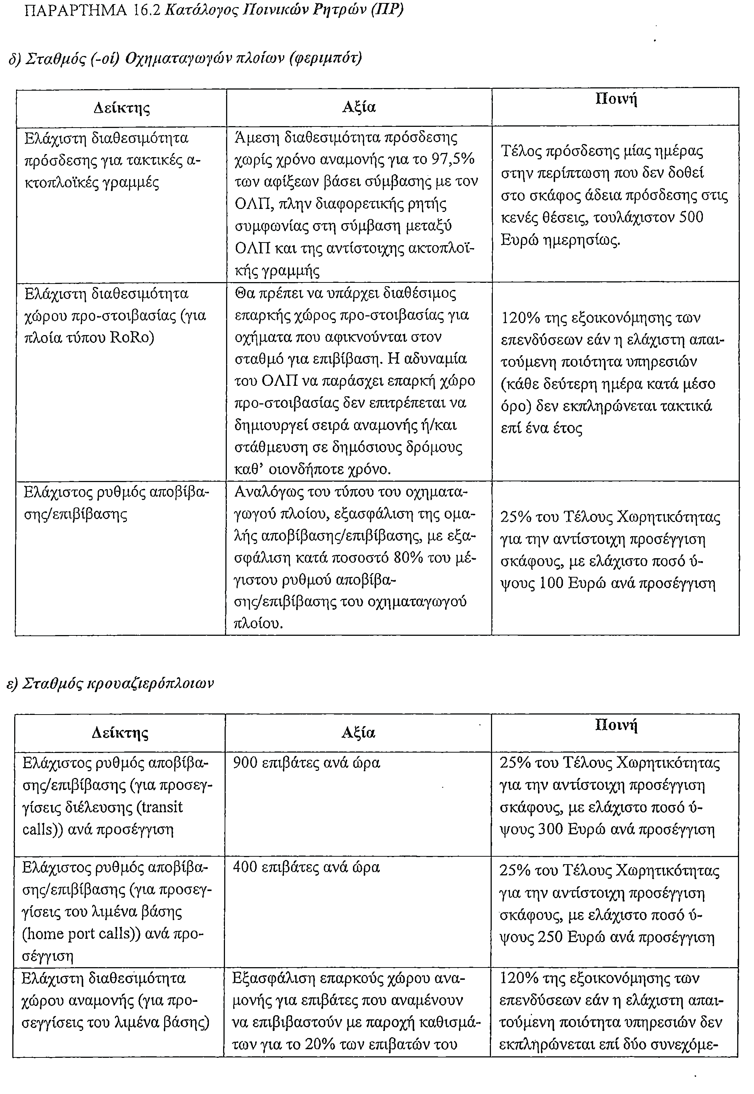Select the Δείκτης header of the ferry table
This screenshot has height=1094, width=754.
tap(122, 108)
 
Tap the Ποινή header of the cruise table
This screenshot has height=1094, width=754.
tap(616, 725)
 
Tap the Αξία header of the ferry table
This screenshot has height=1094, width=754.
tap(359, 108)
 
